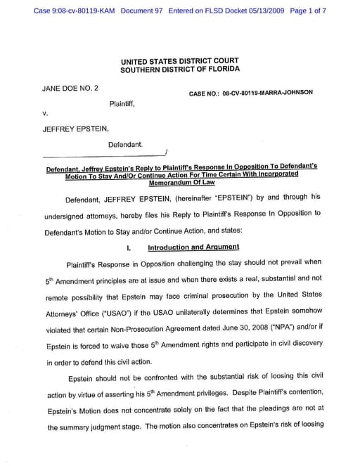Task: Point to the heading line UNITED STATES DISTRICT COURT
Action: pos(179,61)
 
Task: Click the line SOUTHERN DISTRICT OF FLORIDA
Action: pos(179,70)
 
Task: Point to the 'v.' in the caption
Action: pos(45,113)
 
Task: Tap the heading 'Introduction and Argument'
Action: pos(193,247)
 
